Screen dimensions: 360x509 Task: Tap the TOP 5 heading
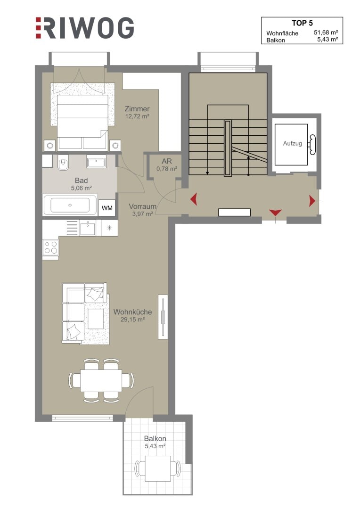(302, 23)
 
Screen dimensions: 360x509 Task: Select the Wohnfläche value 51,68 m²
(326, 33)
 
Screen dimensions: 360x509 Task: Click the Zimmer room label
(137, 109)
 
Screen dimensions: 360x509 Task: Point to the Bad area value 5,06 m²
(81, 188)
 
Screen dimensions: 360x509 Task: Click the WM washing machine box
(107, 208)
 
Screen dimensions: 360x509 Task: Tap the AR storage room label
(167, 161)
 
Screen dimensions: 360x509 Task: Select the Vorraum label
(142, 206)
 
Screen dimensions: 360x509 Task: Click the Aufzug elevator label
(293, 143)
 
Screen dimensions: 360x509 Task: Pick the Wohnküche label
(132, 312)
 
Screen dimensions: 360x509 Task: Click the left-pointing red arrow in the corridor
(194, 199)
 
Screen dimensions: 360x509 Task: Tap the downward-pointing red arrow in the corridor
(275, 213)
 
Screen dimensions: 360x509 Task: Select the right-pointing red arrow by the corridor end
(312, 201)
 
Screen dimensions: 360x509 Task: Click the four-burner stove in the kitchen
(51, 248)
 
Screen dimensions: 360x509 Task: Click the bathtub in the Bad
(70, 205)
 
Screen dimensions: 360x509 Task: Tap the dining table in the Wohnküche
(101, 380)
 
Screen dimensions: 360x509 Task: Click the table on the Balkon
(158, 468)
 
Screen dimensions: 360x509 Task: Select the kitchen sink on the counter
(88, 228)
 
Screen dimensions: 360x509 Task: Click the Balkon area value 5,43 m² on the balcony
(155, 446)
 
